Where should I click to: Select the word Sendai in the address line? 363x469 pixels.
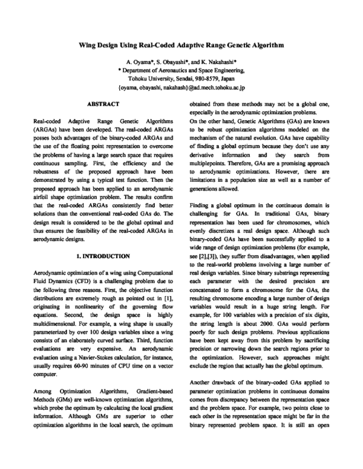click(x=183, y=78)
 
